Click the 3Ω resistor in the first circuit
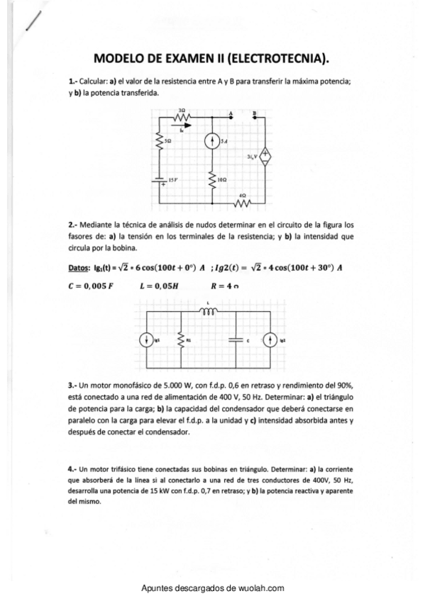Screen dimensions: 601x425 182,117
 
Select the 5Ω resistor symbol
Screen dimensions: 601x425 160,142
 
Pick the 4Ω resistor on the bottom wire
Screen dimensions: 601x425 243,203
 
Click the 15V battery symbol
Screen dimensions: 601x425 160,181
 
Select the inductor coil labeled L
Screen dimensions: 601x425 209,310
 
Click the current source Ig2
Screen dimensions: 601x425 270,340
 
